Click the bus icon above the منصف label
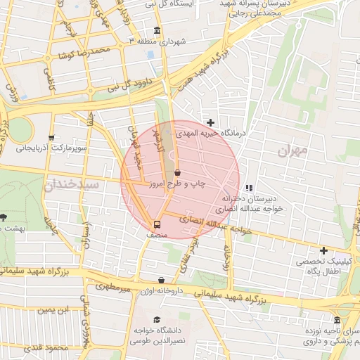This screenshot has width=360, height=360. tap(157, 225)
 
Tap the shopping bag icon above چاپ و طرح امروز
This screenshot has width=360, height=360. tap(176, 172)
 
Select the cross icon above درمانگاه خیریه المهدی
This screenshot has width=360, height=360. tap(210, 122)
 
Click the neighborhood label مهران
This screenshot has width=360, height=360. tap(292, 150)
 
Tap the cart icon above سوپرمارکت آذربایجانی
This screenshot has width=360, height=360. tap(51, 138)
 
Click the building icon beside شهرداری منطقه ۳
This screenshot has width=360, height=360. tap(157, 31)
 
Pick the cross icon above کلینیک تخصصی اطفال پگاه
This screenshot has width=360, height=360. tap(323, 250)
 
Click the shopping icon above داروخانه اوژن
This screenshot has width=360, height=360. tap(162, 280)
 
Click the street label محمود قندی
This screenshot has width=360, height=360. tap(45, 347)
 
